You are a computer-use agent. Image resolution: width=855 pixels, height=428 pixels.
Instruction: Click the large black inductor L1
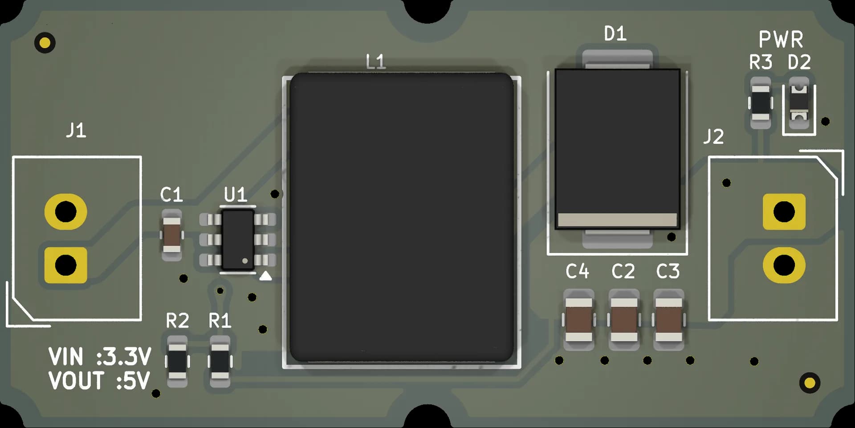point(402,218)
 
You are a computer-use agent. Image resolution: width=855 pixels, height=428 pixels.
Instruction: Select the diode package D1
point(617,149)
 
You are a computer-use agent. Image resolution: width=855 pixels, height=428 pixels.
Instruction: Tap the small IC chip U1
point(238,240)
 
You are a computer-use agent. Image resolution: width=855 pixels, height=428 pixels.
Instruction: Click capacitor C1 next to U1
point(171,235)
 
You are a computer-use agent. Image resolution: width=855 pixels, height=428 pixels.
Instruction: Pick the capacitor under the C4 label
point(578,320)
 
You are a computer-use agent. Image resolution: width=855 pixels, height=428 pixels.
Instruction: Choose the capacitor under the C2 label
point(624,320)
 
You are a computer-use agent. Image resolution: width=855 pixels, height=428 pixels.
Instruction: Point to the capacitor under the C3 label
point(669,320)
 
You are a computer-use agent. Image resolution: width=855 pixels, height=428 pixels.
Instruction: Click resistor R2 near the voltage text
point(177,362)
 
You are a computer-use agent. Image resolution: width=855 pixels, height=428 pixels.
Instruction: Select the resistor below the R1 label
point(220,362)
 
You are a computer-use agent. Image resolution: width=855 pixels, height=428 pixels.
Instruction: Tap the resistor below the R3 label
point(761,103)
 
